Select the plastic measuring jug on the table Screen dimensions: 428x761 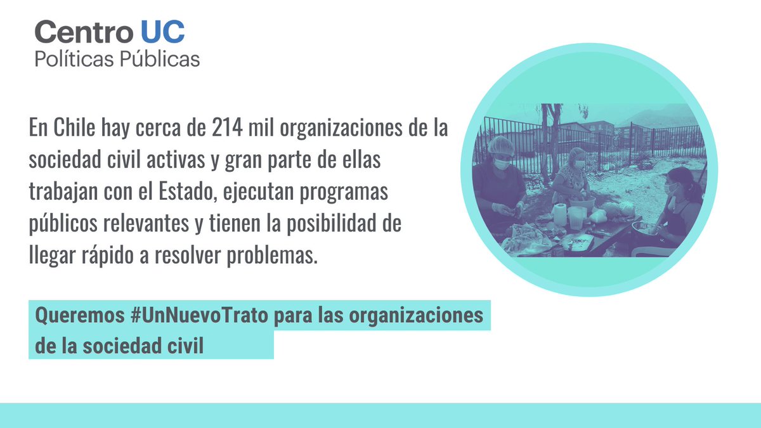coord(576,216)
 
